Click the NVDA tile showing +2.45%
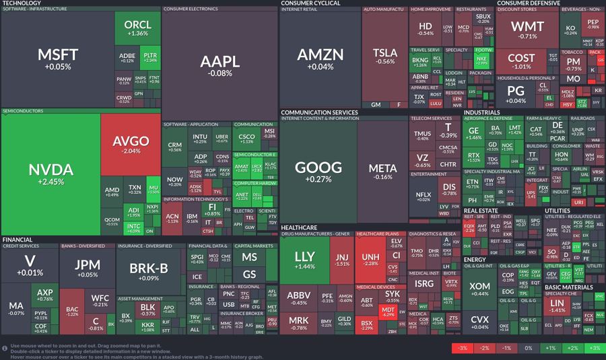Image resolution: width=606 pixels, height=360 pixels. point(50,174)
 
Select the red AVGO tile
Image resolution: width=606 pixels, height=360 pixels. point(131,146)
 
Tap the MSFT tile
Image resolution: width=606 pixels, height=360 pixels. point(58,59)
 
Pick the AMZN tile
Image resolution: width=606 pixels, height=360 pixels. point(320,59)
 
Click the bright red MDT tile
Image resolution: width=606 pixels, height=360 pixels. point(388,311)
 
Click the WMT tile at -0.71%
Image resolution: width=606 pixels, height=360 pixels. point(527,30)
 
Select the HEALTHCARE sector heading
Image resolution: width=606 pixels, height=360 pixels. point(300,227)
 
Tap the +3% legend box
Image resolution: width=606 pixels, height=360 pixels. point(593,348)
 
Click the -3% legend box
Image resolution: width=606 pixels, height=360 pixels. point(462,348)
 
